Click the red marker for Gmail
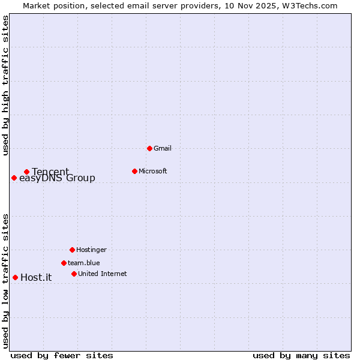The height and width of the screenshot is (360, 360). (149, 148)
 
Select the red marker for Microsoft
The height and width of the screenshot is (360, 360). (134, 171)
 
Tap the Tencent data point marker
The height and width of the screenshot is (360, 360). (26, 172)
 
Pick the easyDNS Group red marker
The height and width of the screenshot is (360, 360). (14, 178)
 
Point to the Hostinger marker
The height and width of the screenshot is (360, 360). (72, 250)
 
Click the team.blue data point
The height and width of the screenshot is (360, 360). (64, 263)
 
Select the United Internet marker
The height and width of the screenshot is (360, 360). (74, 274)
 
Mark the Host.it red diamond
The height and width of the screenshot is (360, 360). (15, 277)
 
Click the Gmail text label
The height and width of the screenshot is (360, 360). (163, 148)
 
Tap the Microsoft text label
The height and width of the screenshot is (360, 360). (152, 171)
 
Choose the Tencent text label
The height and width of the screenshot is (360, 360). (50, 172)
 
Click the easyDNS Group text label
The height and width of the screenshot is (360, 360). (57, 178)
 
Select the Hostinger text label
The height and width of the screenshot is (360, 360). (91, 250)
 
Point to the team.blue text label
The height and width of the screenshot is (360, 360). (83, 263)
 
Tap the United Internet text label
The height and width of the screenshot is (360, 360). (102, 274)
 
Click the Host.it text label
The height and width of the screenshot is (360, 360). (36, 277)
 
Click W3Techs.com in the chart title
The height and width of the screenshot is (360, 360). (310, 5)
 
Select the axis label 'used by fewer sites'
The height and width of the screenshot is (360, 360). (62, 355)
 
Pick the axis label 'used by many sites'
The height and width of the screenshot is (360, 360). (301, 355)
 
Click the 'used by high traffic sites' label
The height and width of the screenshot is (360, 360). (5, 85)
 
